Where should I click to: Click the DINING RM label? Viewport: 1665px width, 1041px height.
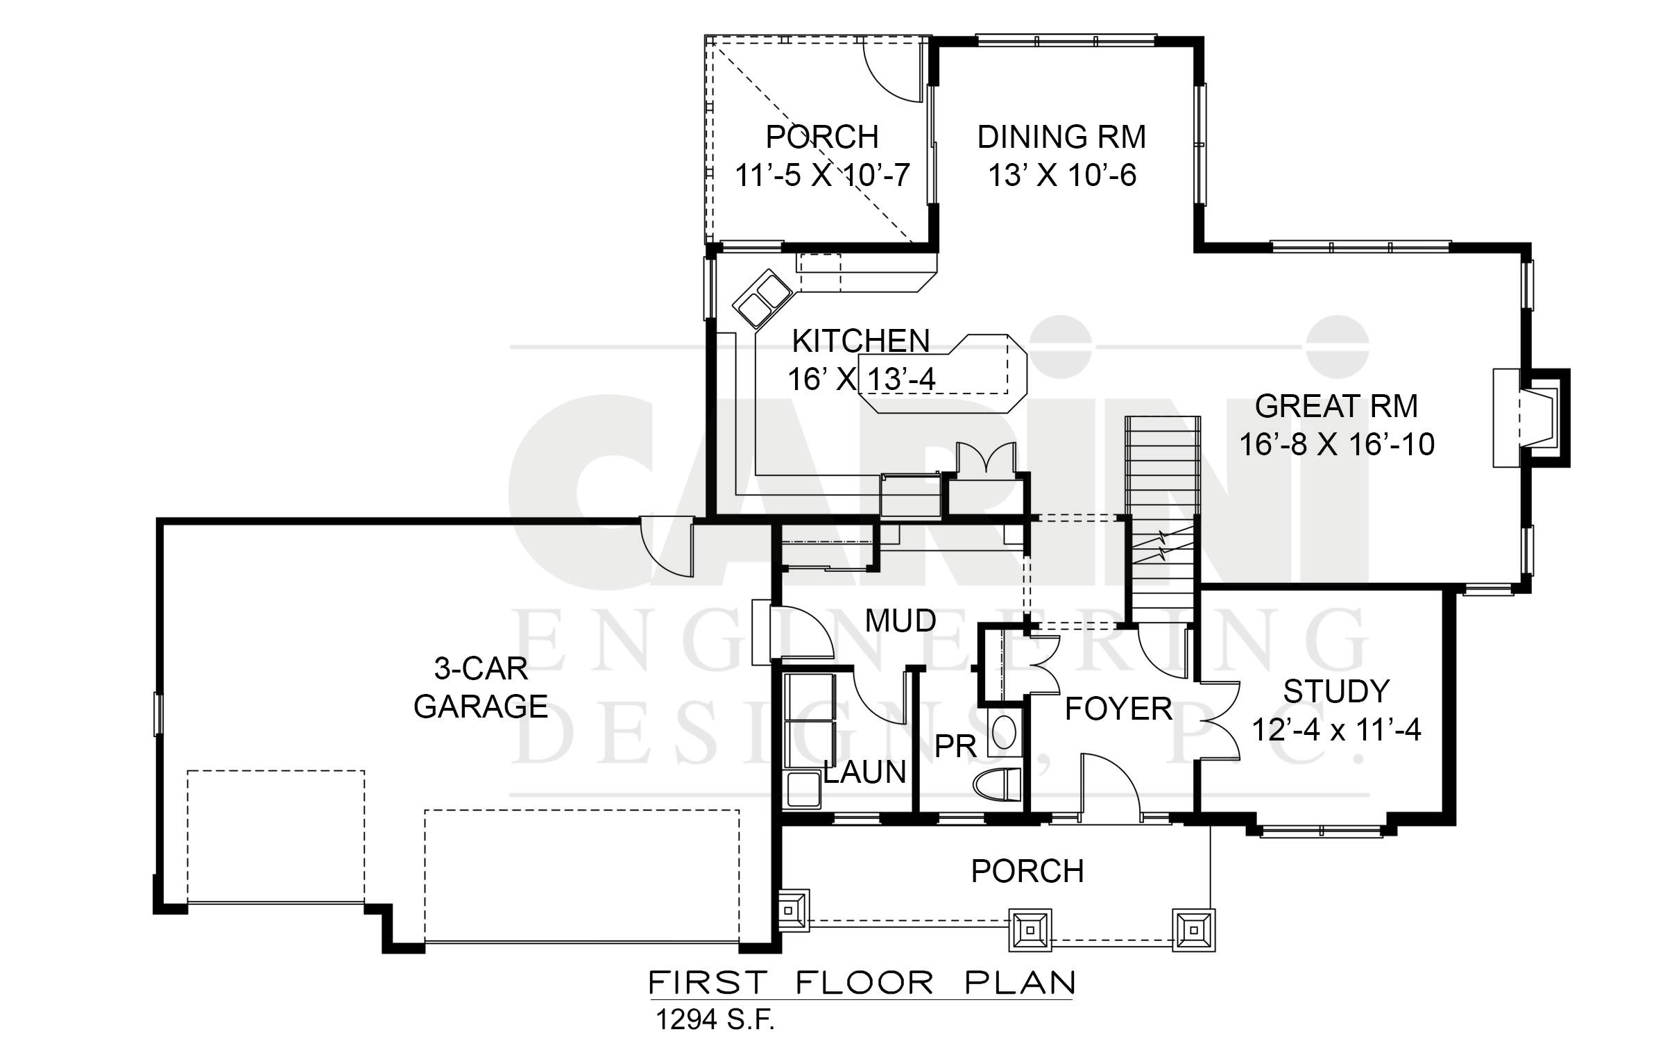(1061, 137)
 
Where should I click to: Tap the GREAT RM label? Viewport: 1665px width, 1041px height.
(1336, 406)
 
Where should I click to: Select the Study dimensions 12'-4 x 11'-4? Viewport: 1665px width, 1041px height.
(1336, 730)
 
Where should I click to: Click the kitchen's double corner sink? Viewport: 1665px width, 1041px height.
(761, 298)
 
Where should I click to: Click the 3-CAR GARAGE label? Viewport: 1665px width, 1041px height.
(481, 688)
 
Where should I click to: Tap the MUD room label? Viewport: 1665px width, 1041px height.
(900, 620)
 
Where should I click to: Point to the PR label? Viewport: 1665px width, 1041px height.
(955, 746)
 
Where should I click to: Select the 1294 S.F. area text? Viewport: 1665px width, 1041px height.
(715, 1019)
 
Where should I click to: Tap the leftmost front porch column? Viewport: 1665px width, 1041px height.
(793, 910)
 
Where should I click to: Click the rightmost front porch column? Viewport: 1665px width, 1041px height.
(1193, 929)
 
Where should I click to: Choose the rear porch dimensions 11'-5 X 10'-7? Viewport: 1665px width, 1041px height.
(822, 175)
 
